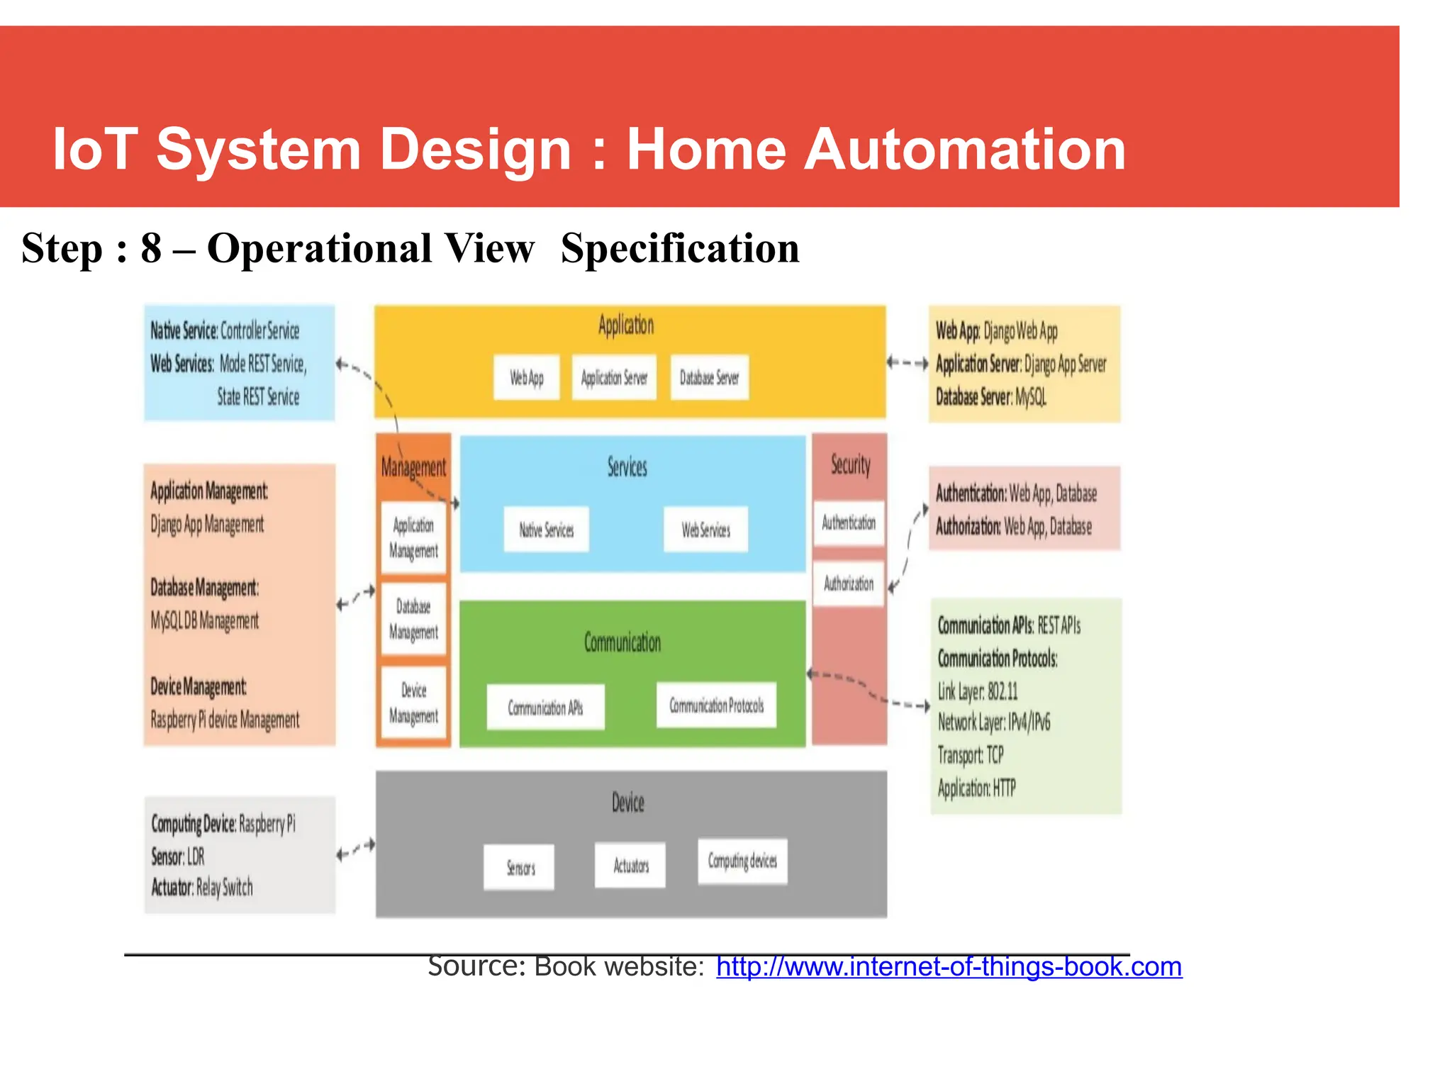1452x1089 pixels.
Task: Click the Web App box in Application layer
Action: (526, 377)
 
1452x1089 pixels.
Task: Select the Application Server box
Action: (614, 377)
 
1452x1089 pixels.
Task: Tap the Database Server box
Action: (709, 377)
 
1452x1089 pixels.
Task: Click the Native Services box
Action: (546, 529)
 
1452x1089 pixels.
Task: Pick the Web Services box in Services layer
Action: (705, 529)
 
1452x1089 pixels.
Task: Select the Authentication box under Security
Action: (849, 523)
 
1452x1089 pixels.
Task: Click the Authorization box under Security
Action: (849, 583)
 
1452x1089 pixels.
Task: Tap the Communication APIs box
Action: (545, 707)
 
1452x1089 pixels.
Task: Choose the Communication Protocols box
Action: (716, 705)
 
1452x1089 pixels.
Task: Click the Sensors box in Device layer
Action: (520, 867)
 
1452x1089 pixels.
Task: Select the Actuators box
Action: (630, 865)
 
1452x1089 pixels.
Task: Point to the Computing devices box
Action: (742, 861)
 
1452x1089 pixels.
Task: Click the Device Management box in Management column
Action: (413, 703)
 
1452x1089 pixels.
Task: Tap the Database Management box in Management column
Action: (413, 619)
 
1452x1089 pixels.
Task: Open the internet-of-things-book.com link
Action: (949, 966)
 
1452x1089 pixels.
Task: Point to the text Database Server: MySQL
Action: (990, 397)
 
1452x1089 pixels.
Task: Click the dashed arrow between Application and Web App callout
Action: (907, 363)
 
